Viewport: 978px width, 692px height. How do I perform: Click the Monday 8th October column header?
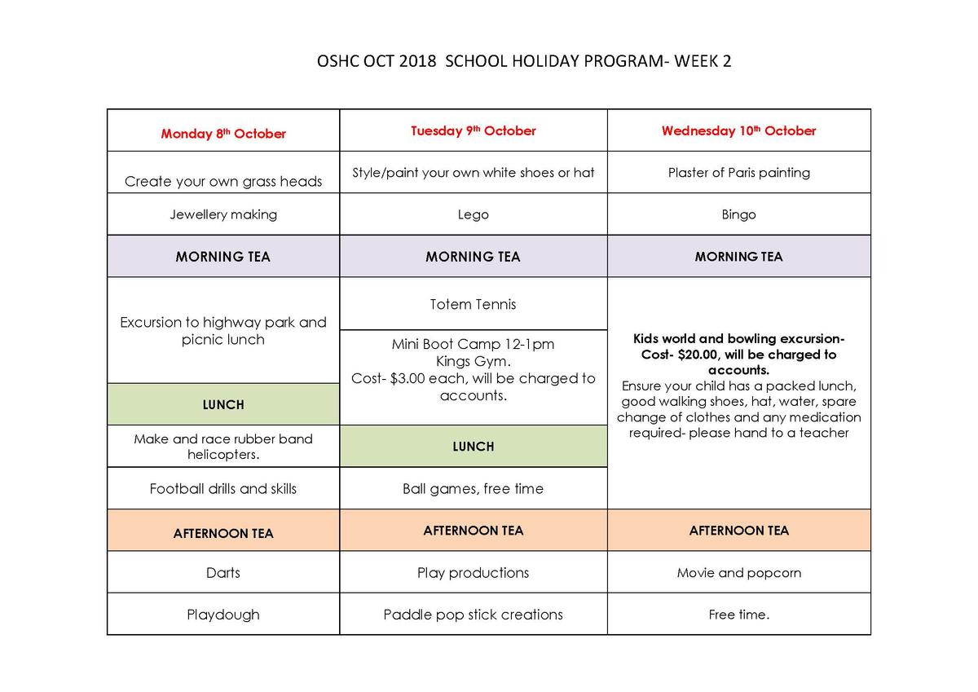(x=223, y=134)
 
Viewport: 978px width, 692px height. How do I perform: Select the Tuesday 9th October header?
(x=473, y=130)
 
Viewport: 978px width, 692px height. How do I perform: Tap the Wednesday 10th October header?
(x=738, y=130)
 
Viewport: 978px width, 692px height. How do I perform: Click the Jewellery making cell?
(x=223, y=214)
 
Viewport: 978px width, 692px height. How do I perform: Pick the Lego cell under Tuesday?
(x=473, y=214)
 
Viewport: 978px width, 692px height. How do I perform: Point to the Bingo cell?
(x=738, y=214)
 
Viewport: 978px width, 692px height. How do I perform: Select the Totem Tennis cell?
(x=473, y=304)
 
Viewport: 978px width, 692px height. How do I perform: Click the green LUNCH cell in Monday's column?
(x=223, y=404)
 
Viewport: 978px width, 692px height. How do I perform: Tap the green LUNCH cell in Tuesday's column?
(x=473, y=446)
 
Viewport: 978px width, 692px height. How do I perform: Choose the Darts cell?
(x=223, y=572)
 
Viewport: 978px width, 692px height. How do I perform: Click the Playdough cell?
(x=223, y=615)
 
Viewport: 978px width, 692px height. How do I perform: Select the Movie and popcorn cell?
(x=738, y=572)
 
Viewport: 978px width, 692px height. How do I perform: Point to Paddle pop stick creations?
(x=473, y=615)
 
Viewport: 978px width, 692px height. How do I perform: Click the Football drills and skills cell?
(x=223, y=489)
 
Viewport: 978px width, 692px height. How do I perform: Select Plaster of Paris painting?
(x=738, y=172)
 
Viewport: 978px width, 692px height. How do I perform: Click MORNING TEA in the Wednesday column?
(x=738, y=257)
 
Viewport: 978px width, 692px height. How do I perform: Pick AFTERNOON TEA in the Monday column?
(x=223, y=533)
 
